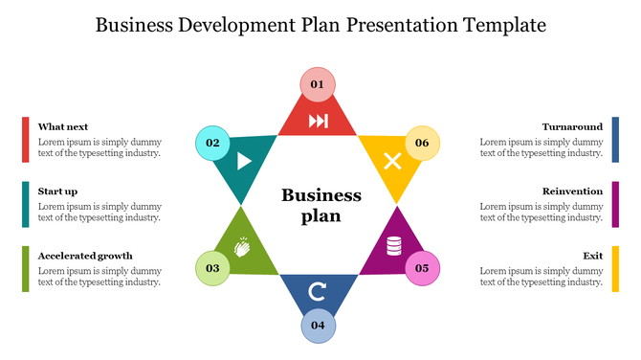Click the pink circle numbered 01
pyautogui.click(x=317, y=85)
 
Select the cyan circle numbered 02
pyautogui.click(x=212, y=143)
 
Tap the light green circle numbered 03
pyautogui.click(x=212, y=268)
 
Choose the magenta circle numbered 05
pyautogui.click(x=422, y=268)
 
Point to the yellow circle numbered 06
pyautogui.click(x=422, y=143)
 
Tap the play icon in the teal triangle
pyautogui.click(x=244, y=161)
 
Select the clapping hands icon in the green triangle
pyautogui.click(x=242, y=248)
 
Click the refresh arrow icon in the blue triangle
pyautogui.click(x=318, y=289)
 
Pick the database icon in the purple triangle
pyautogui.click(x=393, y=247)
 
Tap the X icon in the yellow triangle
pyautogui.click(x=392, y=161)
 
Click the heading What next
pyautogui.click(x=63, y=126)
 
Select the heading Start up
pyautogui.click(x=58, y=191)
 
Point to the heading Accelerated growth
pyautogui.click(x=85, y=256)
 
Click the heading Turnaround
pyautogui.click(x=572, y=126)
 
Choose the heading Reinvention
pyautogui.click(x=572, y=191)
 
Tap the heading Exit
pyautogui.click(x=592, y=256)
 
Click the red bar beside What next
pyautogui.click(x=26, y=139)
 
